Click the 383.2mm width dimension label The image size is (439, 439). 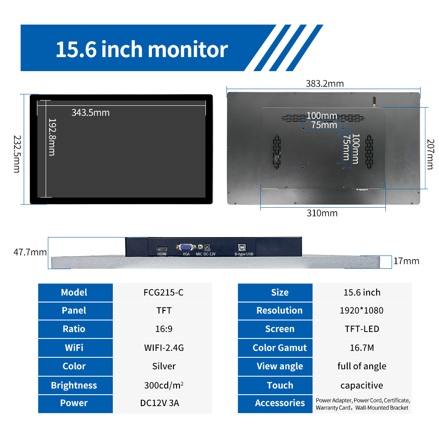(324, 83)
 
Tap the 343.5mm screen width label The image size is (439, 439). (90, 112)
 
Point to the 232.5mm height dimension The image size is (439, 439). (17, 154)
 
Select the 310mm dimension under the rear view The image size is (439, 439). (322, 213)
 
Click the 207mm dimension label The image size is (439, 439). (430, 154)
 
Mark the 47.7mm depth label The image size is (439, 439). (30, 252)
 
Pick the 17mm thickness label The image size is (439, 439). (406, 261)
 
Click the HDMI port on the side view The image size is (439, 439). (162, 248)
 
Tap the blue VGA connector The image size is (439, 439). (186, 247)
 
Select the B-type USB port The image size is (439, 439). (242, 247)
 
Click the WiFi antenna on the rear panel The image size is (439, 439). (374, 102)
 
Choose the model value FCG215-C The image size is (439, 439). (163, 292)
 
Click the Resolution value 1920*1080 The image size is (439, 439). (361, 310)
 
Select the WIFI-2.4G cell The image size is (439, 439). (164, 348)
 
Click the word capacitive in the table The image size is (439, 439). (362, 385)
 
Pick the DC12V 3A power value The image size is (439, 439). (160, 403)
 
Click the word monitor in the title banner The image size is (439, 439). (188, 50)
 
